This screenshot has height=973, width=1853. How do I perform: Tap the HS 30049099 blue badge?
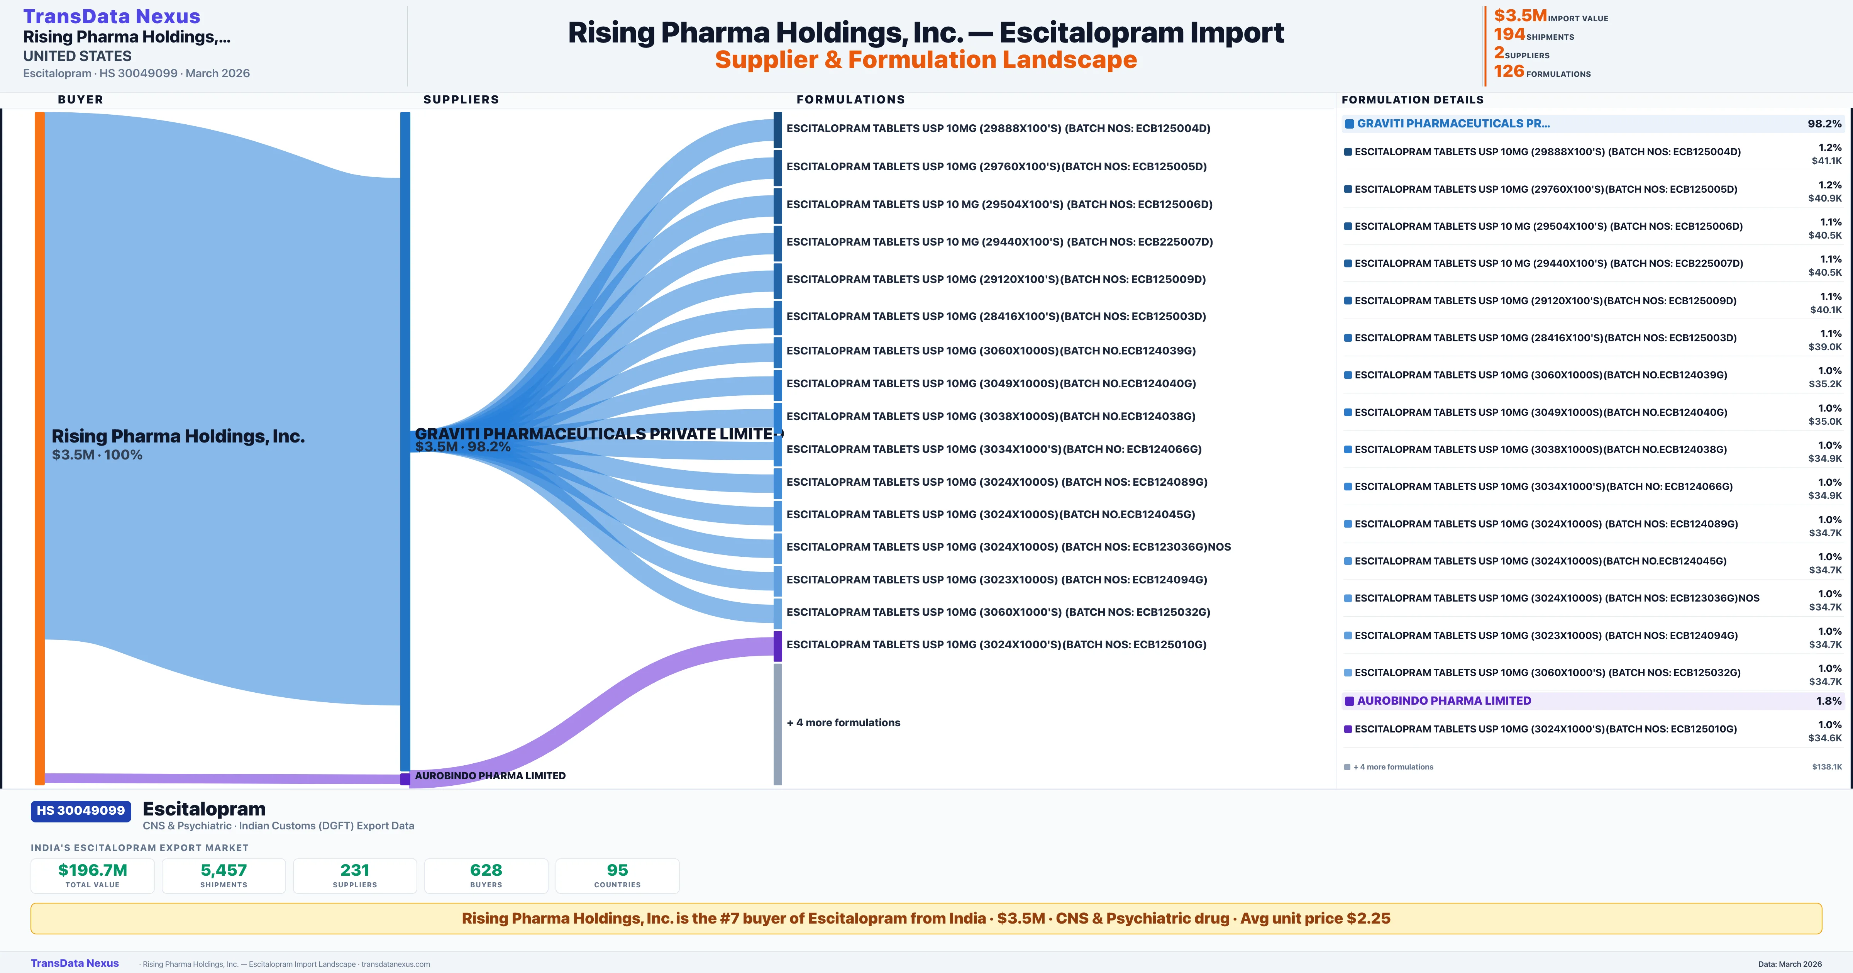(x=81, y=810)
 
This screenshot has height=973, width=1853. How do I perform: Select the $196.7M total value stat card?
(x=93, y=875)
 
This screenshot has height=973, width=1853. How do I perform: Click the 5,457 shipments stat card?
(x=224, y=875)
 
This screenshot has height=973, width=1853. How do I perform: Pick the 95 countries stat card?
(x=617, y=875)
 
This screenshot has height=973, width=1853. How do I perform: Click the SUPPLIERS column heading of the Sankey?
(x=461, y=99)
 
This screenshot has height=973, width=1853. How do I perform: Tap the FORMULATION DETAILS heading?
(x=1412, y=99)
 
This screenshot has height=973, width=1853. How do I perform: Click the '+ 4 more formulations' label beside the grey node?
(x=843, y=722)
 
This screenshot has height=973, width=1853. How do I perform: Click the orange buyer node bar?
(x=39, y=446)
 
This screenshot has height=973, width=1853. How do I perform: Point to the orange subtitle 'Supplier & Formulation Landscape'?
(x=926, y=60)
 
